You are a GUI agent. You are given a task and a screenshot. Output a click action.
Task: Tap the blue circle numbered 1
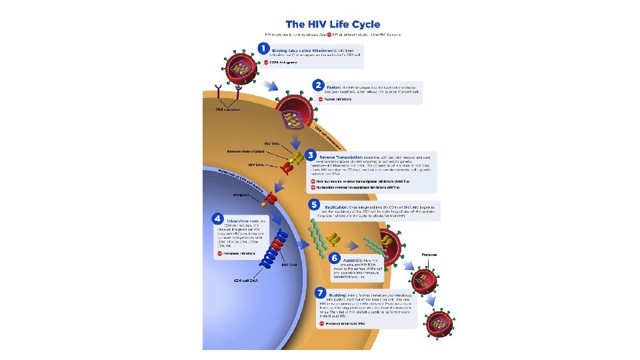(264, 49)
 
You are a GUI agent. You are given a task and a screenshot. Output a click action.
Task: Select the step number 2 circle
(317, 85)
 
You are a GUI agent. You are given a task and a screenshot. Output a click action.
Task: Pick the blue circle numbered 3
(311, 155)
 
